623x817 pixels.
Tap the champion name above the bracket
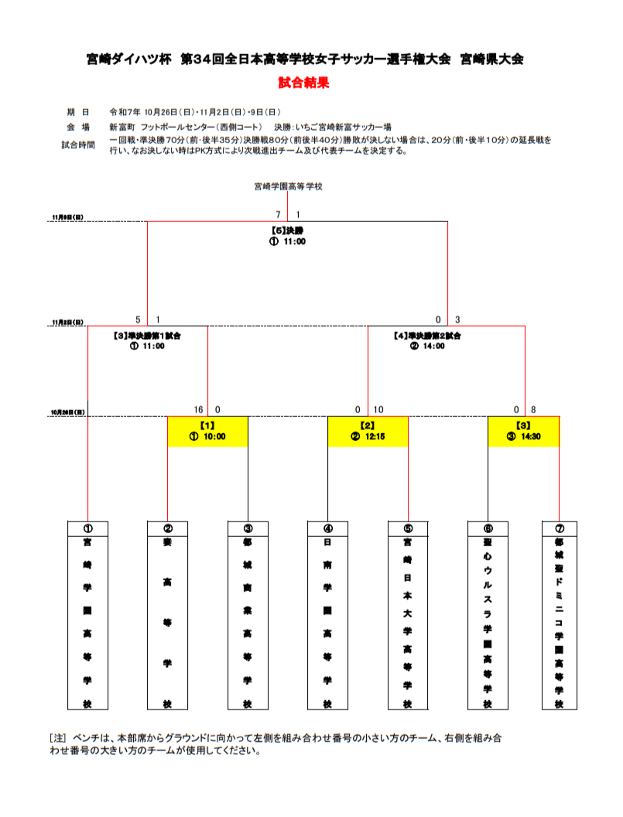(288, 186)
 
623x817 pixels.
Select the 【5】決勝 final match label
(287, 231)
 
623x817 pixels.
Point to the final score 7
(277, 214)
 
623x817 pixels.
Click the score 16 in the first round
(199, 409)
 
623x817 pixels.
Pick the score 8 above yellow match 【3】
(533, 409)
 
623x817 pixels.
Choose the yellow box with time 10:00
(207, 431)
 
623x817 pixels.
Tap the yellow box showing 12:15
(368, 431)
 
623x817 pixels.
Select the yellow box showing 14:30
(524, 431)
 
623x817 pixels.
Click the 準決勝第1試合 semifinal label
(148, 337)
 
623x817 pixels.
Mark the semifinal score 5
(138, 320)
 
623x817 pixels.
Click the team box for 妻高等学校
(167, 616)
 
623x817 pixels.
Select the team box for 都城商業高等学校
(248, 616)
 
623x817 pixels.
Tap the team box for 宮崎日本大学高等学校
(408, 616)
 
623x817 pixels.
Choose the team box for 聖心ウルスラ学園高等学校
(488, 616)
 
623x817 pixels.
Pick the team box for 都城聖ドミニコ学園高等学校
(559, 616)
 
